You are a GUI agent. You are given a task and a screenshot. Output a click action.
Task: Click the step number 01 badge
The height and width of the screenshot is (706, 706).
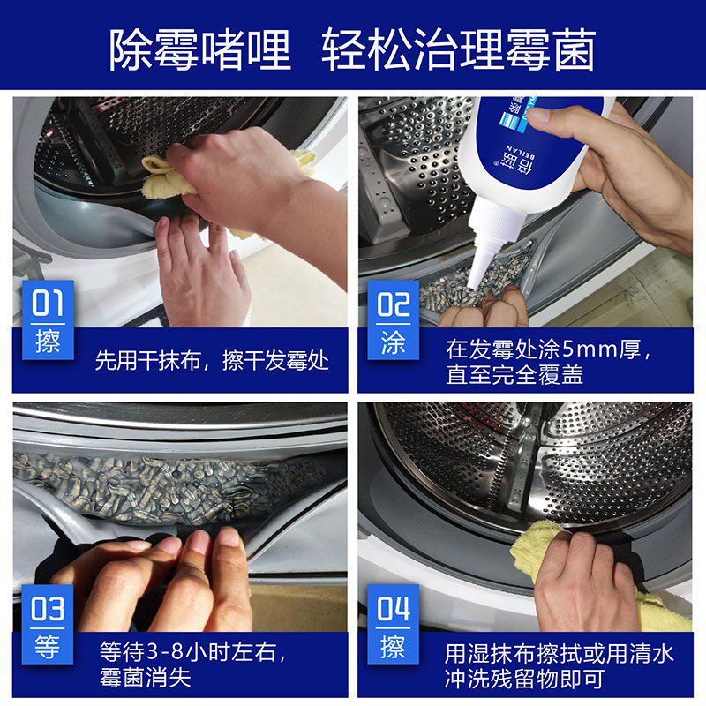pos(48,319)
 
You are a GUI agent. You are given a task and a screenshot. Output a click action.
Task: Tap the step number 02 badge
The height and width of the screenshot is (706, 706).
pos(393,319)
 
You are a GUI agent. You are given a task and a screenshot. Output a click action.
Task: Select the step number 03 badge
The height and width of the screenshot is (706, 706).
pos(48,624)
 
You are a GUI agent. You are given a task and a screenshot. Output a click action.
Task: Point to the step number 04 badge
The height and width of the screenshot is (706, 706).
pos(393,624)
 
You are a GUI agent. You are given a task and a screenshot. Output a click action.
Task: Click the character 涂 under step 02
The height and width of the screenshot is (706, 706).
pos(393,343)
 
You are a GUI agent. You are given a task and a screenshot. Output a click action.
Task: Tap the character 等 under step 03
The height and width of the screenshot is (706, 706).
pos(48,647)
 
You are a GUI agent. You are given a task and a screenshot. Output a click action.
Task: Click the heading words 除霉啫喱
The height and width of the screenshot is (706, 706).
pos(200,49)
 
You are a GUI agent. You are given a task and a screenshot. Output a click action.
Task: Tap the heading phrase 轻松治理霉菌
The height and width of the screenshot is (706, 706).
pos(459,49)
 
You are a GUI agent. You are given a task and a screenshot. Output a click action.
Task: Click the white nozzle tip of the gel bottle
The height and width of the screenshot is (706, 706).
pos(474,282)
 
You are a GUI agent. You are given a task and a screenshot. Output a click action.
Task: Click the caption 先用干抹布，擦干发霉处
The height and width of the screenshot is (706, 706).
pos(212,361)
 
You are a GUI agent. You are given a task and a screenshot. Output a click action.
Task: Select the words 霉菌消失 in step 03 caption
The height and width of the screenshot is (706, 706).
pos(146,677)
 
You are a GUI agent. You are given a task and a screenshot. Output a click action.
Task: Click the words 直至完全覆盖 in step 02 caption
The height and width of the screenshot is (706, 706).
pos(514,374)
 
